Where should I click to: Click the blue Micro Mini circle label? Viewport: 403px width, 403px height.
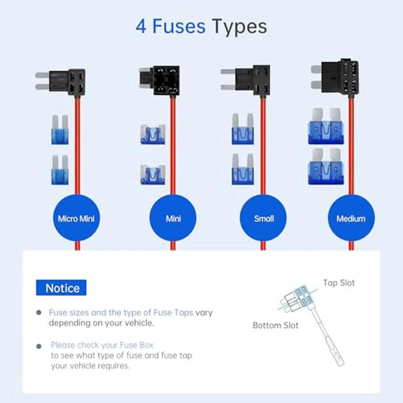pyautogui.click(x=77, y=219)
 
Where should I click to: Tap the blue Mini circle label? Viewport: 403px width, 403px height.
pyautogui.click(x=173, y=219)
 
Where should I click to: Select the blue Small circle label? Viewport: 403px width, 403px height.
pyautogui.click(x=264, y=219)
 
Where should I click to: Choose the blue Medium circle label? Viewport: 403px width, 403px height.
pyautogui.click(x=351, y=219)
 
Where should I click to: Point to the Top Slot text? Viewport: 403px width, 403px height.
pyautogui.click(x=339, y=283)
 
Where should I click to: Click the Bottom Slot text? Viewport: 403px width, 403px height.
pyautogui.click(x=276, y=325)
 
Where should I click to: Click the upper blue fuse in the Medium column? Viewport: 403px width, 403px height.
pyautogui.click(x=325, y=127)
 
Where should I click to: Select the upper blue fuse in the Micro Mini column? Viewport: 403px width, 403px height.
pyautogui.click(x=60, y=129)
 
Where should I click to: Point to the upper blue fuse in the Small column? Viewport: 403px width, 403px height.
pyautogui.click(x=243, y=130)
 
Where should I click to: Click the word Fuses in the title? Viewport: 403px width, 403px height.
pyautogui.click(x=179, y=26)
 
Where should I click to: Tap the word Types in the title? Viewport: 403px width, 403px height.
pyautogui.click(x=238, y=26)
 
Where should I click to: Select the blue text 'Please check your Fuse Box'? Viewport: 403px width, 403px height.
pyautogui.click(x=102, y=345)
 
